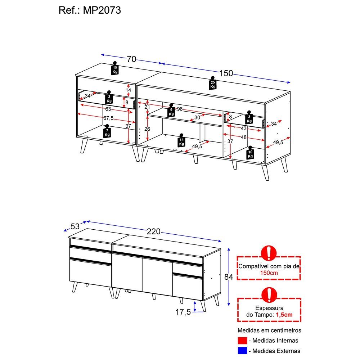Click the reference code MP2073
click(102, 10)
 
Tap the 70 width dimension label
click(131, 59)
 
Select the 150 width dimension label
click(226, 73)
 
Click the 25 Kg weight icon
click(213, 83)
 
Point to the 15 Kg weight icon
click(115, 68)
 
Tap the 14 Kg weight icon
click(181, 140)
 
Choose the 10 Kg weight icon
click(250, 153)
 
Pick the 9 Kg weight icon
click(171, 111)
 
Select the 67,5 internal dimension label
click(108, 118)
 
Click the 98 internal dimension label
click(180, 109)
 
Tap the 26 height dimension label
click(147, 129)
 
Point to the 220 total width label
click(154, 231)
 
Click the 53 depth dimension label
click(75, 226)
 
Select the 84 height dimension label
click(229, 277)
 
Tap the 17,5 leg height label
click(183, 312)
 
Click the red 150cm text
click(269, 273)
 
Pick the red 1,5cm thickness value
click(284, 315)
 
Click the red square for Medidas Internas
click(242, 341)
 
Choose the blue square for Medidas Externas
click(242, 351)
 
